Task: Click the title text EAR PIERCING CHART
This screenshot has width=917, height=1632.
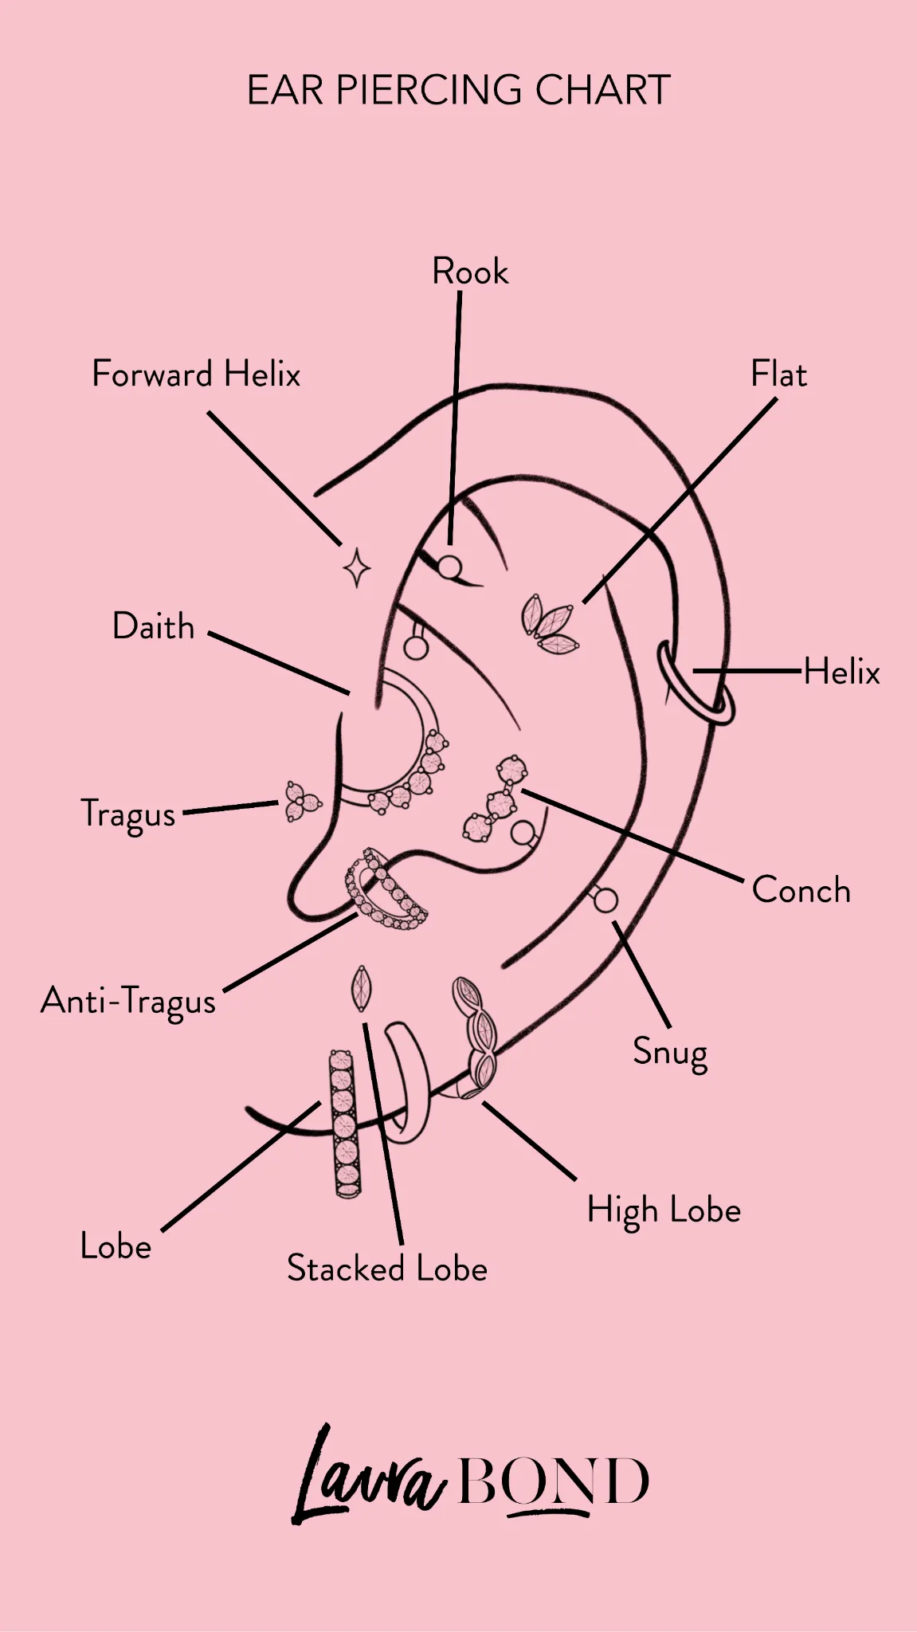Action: pyautogui.click(x=459, y=89)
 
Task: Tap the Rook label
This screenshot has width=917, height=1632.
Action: pyautogui.click(x=470, y=272)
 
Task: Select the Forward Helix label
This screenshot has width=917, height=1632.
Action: pyautogui.click(x=196, y=374)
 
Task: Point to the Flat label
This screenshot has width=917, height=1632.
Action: pyautogui.click(x=778, y=374)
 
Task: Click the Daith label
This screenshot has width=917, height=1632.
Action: pyautogui.click(x=154, y=626)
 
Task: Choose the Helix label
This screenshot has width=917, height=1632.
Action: pyautogui.click(x=841, y=671)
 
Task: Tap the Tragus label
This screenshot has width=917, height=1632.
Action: pyautogui.click(x=128, y=814)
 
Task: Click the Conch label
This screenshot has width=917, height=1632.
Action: pyautogui.click(x=801, y=890)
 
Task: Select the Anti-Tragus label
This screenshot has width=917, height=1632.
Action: pyautogui.click(x=128, y=1002)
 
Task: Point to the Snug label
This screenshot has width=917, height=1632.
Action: pyautogui.click(x=670, y=1053)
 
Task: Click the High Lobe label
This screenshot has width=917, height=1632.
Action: pyautogui.click(x=664, y=1210)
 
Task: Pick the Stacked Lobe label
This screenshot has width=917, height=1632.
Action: pyautogui.click(x=387, y=1268)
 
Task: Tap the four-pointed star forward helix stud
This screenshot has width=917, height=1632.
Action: pyautogui.click(x=357, y=568)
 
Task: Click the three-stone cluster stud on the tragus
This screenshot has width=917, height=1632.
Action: pyautogui.click(x=302, y=801)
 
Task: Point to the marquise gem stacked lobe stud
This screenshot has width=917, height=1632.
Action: pyautogui.click(x=362, y=988)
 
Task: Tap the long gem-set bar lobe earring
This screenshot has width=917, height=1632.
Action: pyautogui.click(x=345, y=1124)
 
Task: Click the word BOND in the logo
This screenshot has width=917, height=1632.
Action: pyautogui.click(x=555, y=1482)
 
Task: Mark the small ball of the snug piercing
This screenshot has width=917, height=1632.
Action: pyautogui.click(x=605, y=900)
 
